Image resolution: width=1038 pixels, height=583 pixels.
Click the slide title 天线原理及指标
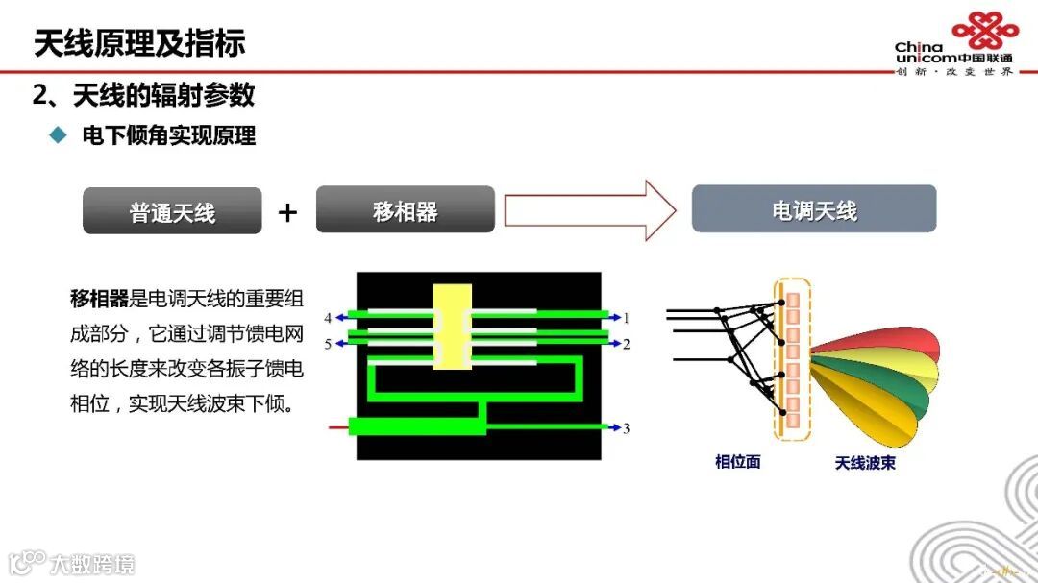coord(139,43)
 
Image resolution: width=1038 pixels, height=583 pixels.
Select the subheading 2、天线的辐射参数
coord(144,95)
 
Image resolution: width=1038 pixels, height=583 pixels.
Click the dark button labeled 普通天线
coord(172,211)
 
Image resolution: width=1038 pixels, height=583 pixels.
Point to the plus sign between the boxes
coord(287,212)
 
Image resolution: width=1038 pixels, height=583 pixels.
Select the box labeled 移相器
coord(405,210)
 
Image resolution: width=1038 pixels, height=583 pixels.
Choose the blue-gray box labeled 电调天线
coord(814,209)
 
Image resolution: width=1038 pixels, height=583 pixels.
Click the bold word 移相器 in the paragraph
coord(99,298)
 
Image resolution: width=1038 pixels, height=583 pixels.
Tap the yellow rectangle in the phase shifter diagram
coord(452,327)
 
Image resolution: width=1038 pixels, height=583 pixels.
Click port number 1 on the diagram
coord(627,317)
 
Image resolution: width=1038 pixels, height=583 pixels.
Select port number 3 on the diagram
coord(627,428)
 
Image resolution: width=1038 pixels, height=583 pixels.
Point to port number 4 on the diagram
coord(328,317)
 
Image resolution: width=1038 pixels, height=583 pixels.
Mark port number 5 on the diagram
coord(328,343)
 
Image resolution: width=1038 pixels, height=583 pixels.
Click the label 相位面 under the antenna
coord(738,462)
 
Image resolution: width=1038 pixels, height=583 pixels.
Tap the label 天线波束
coord(865,463)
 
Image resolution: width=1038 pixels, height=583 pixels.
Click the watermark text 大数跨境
coord(93,563)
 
